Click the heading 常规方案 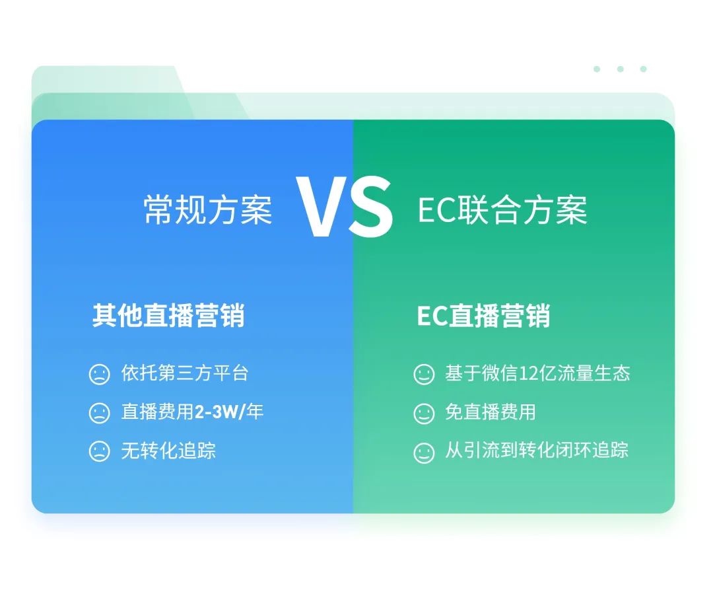coord(208,210)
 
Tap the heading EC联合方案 coord(502,210)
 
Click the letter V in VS coord(322,208)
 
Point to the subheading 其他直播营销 coord(168,316)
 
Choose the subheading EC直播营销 coord(483,316)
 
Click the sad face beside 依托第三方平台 coord(99,375)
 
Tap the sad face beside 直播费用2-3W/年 coord(99,414)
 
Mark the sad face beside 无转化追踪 coord(99,452)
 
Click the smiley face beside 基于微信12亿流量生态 coord(424,375)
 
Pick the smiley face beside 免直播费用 coord(424,414)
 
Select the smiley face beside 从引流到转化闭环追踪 coord(424,453)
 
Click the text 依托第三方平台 coord(185,373)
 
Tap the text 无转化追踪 coord(168,451)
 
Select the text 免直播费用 coord(490,412)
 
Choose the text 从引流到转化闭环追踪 coord(536,451)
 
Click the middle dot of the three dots coord(620,69)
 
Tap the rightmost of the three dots coord(643,69)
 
